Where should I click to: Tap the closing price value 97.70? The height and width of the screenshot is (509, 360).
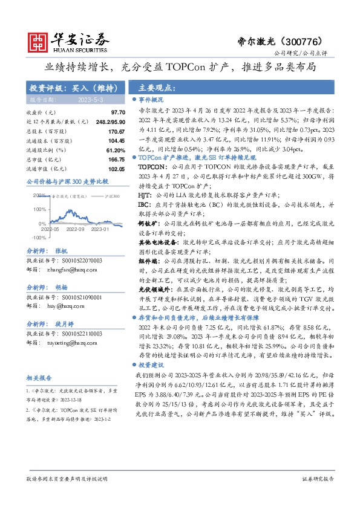(100, 113)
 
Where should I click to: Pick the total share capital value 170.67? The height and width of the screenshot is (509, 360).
(99, 131)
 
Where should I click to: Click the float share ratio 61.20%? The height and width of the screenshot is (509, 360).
(98, 150)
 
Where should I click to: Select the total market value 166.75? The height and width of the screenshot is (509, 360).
(99, 159)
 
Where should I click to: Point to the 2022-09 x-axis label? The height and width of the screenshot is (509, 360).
(76, 230)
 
